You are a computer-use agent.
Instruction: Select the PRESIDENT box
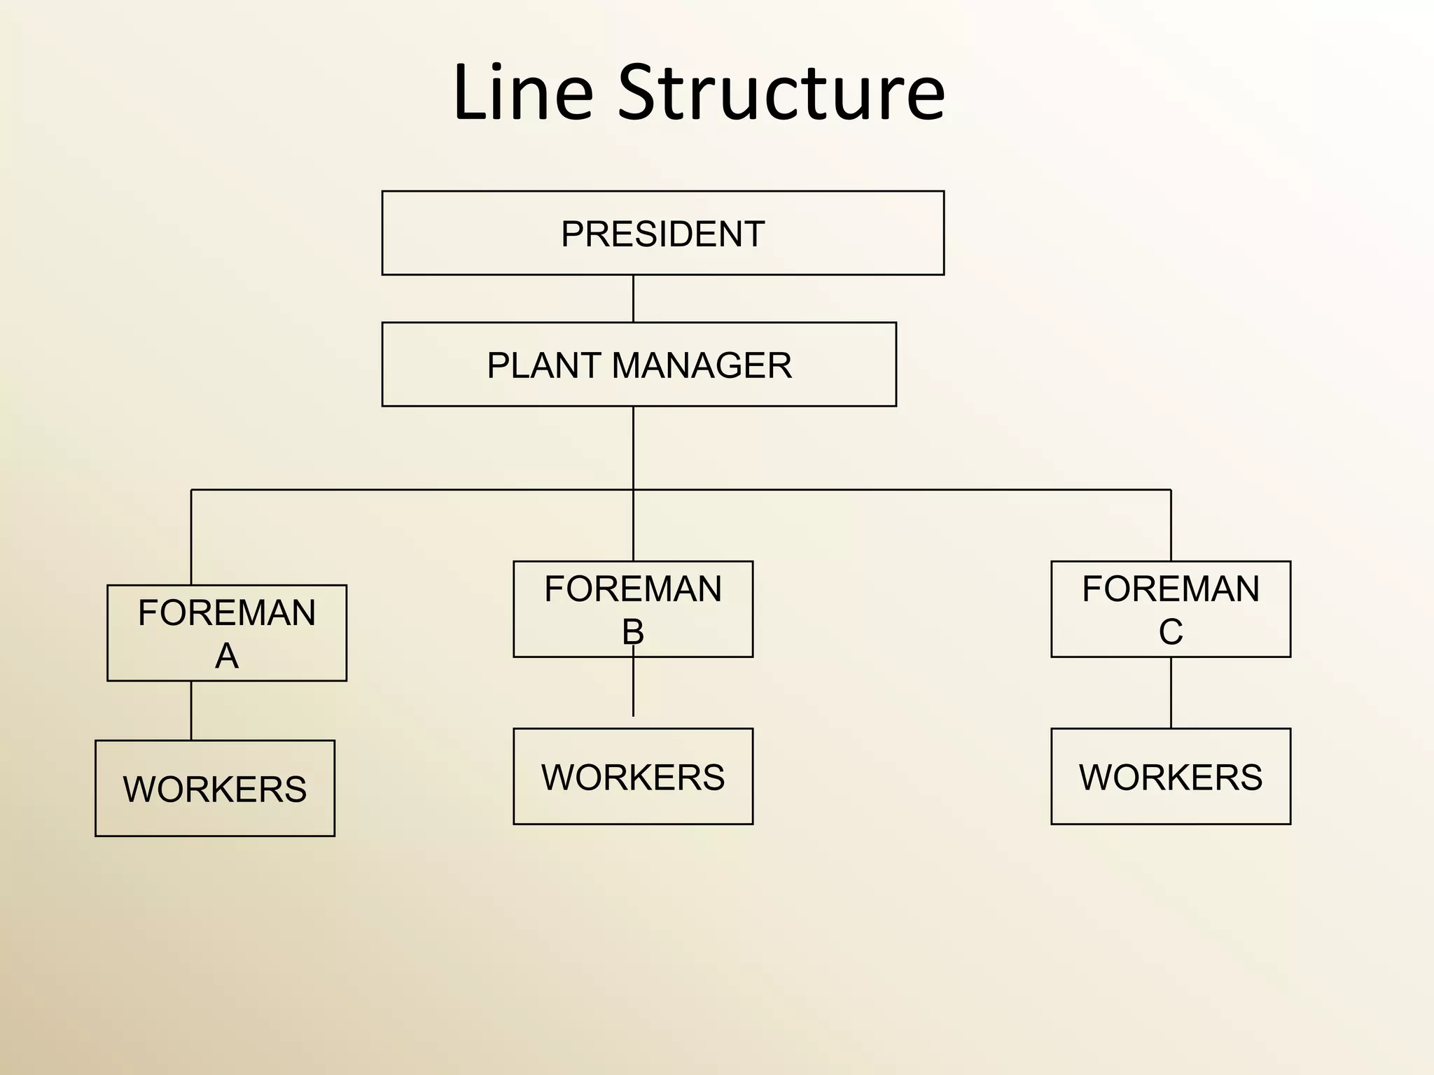(x=662, y=233)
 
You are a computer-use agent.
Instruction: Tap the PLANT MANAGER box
(x=639, y=365)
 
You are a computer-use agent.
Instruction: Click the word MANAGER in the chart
(x=702, y=365)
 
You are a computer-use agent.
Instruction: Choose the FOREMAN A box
(x=226, y=633)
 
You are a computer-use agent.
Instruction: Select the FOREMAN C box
(x=1170, y=609)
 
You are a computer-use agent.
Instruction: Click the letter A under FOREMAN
(x=226, y=656)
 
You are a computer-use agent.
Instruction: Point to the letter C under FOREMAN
(x=1171, y=632)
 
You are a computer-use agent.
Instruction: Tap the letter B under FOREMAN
(x=633, y=632)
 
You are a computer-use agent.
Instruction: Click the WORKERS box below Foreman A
(x=215, y=788)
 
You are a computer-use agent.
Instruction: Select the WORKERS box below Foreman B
(x=633, y=776)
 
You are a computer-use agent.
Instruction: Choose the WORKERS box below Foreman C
(x=1170, y=776)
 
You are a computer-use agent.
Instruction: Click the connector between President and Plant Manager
(x=633, y=298)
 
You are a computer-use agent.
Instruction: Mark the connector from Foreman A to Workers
(x=191, y=710)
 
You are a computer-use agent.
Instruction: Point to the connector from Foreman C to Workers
(x=1171, y=692)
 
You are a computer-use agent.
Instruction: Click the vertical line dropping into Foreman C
(x=1171, y=525)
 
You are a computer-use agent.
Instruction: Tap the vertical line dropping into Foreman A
(x=191, y=537)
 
